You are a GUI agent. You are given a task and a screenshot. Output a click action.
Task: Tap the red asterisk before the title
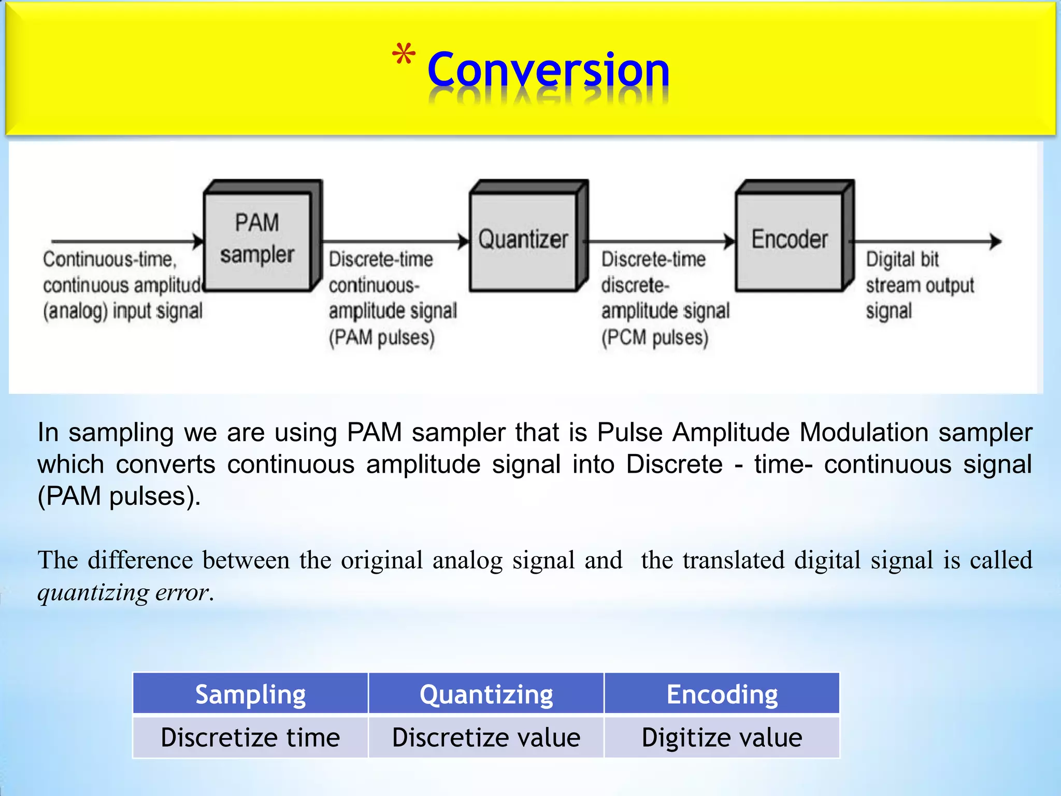tap(403, 55)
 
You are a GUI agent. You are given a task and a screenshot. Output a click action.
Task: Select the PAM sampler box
tap(257, 239)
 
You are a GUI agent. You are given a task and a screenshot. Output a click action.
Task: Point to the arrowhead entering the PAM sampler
tap(198, 241)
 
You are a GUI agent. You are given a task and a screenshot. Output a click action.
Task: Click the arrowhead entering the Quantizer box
tap(464, 241)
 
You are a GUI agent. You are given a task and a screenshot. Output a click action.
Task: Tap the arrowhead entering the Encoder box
tap(730, 241)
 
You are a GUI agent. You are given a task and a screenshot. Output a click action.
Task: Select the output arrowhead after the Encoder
tap(995, 241)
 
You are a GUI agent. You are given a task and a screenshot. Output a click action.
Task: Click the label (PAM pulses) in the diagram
tap(382, 338)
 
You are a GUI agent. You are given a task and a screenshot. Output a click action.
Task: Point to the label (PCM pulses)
tap(654, 338)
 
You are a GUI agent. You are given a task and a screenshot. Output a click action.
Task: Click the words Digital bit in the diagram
tap(902, 260)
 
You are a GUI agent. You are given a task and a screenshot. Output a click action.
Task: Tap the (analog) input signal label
tap(123, 311)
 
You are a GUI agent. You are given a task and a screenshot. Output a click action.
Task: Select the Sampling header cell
tap(250, 694)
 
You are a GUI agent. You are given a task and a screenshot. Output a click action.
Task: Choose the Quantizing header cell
tap(486, 694)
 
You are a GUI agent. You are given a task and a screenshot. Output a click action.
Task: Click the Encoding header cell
tap(722, 694)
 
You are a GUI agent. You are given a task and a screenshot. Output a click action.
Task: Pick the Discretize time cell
tap(250, 737)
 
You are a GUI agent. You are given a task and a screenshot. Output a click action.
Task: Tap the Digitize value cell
tap(722, 737)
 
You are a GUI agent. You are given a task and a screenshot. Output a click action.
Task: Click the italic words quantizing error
tap(124, 592)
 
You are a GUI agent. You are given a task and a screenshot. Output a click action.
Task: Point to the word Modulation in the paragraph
tap(864, 432)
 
